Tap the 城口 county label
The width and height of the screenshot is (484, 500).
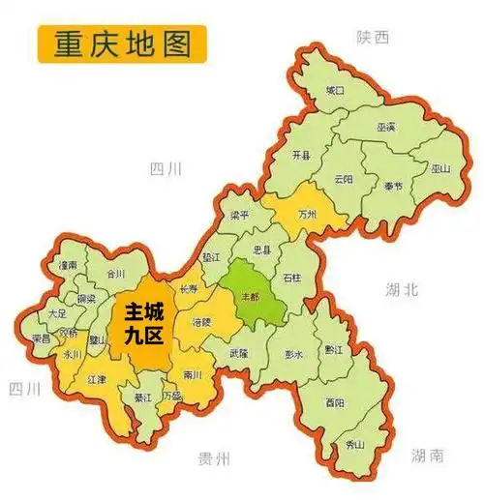(x=334, y=90)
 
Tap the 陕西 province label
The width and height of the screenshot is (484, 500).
(x=372, y=37)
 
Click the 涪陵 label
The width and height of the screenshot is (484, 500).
(x=201, y=320)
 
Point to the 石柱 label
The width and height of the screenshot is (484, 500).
(x=292, y=279)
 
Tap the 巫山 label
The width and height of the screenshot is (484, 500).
(x=440, y=167)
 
